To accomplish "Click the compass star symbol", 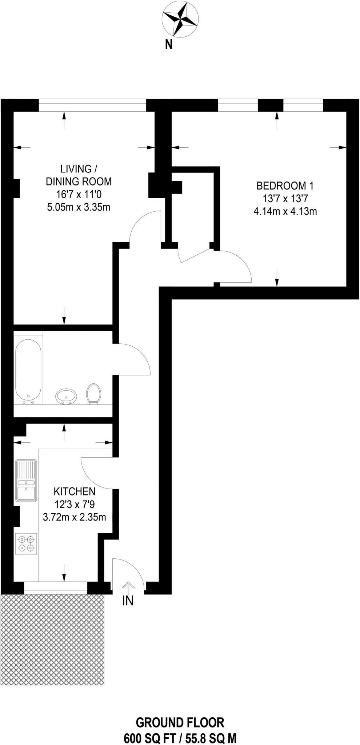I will (x=180, y=19).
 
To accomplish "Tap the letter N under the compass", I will (x=169, y=45).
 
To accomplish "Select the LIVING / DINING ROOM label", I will (x=79, y=175).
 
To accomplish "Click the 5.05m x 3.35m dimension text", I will (x=79, y=207).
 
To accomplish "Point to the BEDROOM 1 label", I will (x=285, y=186).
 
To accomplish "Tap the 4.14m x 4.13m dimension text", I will (x=285, y=211).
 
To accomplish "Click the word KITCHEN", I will (x=75, y=491).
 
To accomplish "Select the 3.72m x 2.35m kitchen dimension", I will (x=75, y=517).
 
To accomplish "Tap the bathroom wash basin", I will (x=66, y=396).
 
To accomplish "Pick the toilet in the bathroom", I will (x=93, y=394).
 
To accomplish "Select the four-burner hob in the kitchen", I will (x=26, y=543).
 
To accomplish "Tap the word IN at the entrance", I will (x=128, y=601).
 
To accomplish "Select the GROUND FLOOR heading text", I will (x=180, y=722).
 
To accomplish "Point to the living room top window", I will (x=92, y=105).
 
